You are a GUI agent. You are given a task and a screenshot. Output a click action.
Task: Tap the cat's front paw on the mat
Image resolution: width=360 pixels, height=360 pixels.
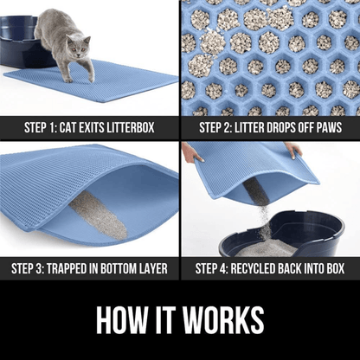(x=68, y=80)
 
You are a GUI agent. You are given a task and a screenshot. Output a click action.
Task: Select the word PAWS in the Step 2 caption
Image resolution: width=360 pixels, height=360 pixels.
(x=329, y=128)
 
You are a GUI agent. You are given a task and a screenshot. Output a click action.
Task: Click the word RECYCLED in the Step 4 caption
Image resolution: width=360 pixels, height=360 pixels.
(x=253, y=268)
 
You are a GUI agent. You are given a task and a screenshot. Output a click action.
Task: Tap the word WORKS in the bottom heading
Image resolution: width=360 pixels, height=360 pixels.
(x=223, y=319)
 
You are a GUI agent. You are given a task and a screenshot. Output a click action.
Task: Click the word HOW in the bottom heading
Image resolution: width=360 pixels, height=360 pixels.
(x=121, y=319)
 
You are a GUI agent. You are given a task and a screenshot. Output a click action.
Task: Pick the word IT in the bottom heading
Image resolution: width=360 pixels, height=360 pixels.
(x=164, y=319)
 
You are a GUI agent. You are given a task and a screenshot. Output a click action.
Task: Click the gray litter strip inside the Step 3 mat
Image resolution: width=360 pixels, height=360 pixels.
(x=98, y=215)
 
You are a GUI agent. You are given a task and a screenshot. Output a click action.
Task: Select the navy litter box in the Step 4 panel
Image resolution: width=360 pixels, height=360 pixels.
(x=282, y=235)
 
